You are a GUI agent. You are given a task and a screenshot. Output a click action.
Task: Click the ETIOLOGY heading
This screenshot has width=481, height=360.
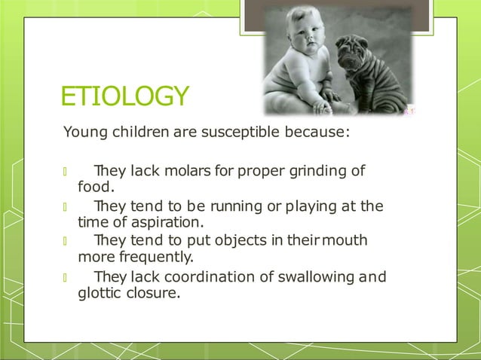[x=124, y=97]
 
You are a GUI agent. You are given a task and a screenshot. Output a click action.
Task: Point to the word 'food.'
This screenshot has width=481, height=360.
[x=96, y=187]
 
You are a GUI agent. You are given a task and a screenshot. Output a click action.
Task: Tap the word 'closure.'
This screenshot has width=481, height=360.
[x=155, y=293]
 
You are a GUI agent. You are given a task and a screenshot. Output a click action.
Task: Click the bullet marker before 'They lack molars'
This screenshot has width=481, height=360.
[x=66, y=172]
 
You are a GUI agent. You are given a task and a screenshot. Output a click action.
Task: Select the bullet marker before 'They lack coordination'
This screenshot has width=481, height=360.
[x=66, y=277]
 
